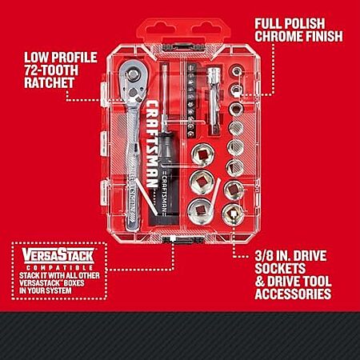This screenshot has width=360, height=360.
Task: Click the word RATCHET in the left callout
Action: tap(49, 82)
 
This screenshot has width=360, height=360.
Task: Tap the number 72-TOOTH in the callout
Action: tap(51, 70)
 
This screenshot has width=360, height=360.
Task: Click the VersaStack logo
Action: tap(58, 255)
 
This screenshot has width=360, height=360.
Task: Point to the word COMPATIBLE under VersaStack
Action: tap(59, 268)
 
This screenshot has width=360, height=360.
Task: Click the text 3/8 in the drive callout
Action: tap(264, 256)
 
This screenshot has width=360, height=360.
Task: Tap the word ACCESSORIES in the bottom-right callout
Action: tap(293, 294)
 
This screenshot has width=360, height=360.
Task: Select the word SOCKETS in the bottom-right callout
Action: tap(280, 269)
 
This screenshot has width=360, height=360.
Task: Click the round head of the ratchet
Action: tap(133, 74)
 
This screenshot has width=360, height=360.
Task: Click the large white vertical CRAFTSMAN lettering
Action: tap(151, 144)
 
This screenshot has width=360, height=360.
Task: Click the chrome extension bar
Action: tap(214, 101)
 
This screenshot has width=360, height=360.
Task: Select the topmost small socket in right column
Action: tap(236, 71)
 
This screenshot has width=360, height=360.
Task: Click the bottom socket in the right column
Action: tap(233, 214)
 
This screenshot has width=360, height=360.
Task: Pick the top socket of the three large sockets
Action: tap(202, 154)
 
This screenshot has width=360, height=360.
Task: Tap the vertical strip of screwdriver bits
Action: tap(190, 100)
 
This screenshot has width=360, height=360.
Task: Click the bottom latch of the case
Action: tap(183, 239)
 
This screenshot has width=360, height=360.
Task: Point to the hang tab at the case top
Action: tap(183, 31)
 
